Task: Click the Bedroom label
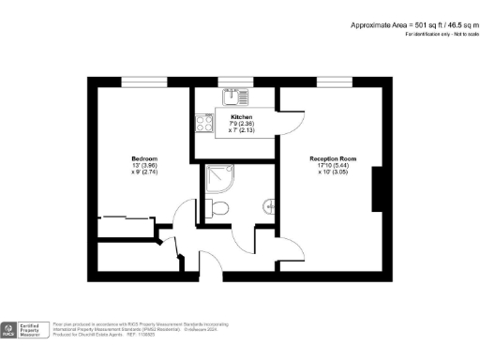(143, 157)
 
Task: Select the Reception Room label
(333, 158)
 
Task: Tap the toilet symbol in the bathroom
(217, 208)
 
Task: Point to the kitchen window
(231, 81)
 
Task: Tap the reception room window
(329, 81)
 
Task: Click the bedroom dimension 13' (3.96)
(143, 166)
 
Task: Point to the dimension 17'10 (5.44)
(333, 166)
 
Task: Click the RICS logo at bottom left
(9, 330)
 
